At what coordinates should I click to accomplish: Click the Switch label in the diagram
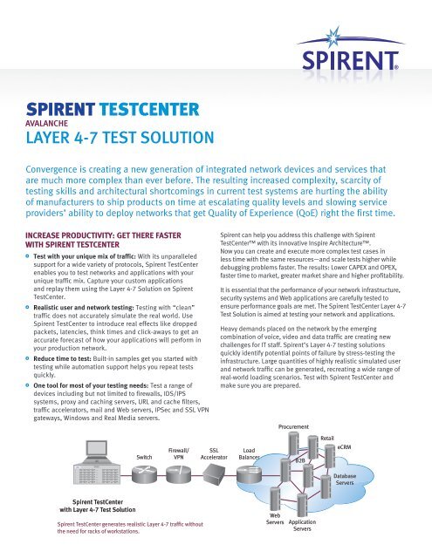point(145,456)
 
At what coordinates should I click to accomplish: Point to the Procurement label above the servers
point(295,426)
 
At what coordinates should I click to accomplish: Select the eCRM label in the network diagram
point(345,446)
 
